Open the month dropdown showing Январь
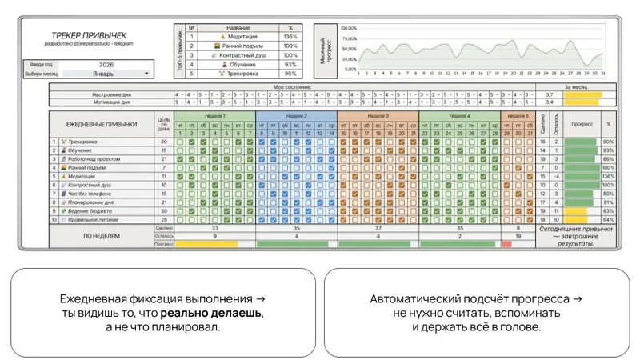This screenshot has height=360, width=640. [x=107, y=74]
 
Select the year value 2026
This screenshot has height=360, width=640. [x=107, y=63]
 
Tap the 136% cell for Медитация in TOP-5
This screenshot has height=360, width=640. [x=290, y=37]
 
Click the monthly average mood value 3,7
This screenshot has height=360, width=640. [x=550, y=94]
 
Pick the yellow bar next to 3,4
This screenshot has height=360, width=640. [x=582, y=102]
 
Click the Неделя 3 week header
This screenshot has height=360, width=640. [x=377, y=116]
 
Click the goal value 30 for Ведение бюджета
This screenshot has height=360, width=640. [x=164, y=211]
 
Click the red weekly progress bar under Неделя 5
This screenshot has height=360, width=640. [x=506, y=244]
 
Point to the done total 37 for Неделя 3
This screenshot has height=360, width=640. [x=377, y=228]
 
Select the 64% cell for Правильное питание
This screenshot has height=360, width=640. [x=608, y=220]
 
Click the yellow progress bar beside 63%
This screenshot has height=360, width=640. [x=577, y=211]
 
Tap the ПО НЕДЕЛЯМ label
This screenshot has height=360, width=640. [x=102, y=237]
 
